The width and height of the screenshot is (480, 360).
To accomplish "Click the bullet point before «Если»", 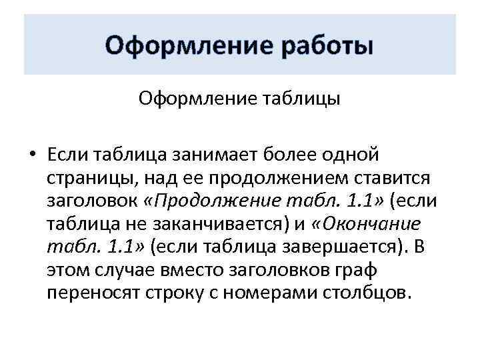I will pos(31,155).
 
